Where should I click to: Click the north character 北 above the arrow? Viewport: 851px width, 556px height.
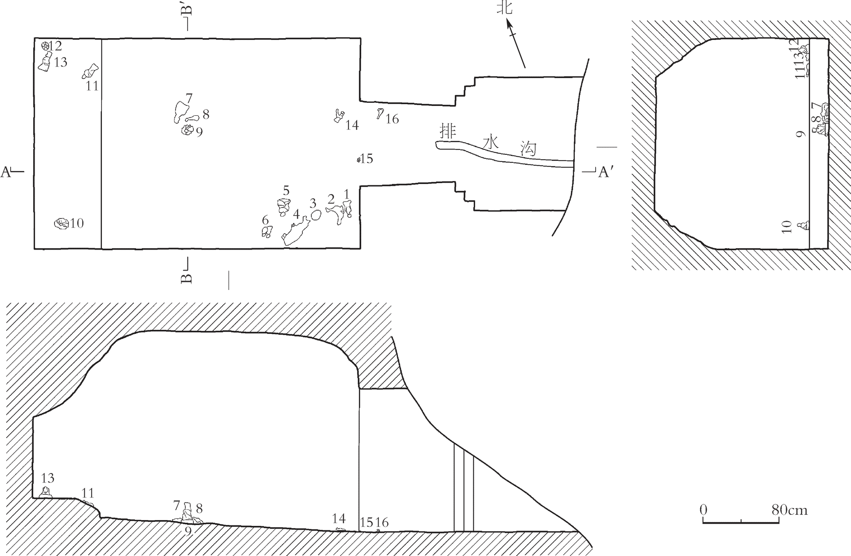[x=504, y=8]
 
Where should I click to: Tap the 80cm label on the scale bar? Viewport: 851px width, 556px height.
[x=789, y=510]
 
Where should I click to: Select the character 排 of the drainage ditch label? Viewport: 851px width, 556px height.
[x=447, y=132]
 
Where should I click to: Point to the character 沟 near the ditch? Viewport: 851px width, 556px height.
[x=528, y=149]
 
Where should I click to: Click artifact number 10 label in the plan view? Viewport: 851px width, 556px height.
[x=77, y=223]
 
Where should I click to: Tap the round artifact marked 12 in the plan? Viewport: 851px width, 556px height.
[x=45, y=46]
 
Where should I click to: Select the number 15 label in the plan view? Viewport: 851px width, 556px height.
[x=367, y=159]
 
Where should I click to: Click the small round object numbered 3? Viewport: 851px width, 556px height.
[x=316, y=215]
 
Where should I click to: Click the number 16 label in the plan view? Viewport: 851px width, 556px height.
[x=392, y=119]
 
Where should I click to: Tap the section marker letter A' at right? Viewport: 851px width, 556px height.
[x=605, y=172]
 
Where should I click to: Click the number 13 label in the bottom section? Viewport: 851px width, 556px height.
[x=48, y=478]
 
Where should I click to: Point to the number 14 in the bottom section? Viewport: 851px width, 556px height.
[x=339, y=518]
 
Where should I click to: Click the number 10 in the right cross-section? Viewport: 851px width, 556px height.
[x=787, y=227]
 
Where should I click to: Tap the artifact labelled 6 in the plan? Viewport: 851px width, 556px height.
[x=267, y=231]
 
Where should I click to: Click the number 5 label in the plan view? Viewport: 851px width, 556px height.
[x=286, y=191]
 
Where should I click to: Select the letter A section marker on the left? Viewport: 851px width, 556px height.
[x=6, y=172]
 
